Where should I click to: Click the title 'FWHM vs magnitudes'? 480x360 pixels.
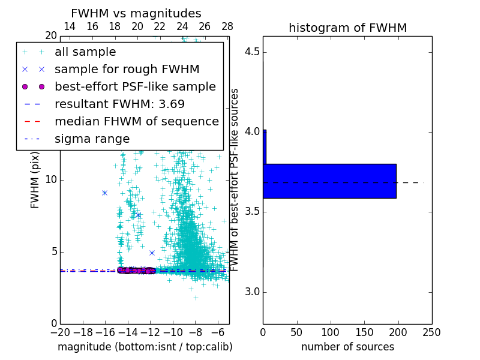tap(136, 14)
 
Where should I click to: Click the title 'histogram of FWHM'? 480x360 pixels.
tap(347, 28)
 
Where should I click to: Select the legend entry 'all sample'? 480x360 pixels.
tap(85, 52)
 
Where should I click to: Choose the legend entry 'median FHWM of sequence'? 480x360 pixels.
tap(136, 121)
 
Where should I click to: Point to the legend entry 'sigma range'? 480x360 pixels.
tap(92, 139)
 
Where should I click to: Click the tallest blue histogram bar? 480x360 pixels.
tap(329, 181)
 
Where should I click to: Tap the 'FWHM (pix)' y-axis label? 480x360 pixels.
tap(35, 180)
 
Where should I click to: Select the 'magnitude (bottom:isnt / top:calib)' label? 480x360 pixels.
tap(145, 347)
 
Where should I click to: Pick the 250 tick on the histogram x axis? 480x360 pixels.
tap(432, 332)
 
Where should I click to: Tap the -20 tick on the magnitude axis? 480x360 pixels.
tap(60, 332)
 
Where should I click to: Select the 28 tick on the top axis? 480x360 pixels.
tap(227, 27)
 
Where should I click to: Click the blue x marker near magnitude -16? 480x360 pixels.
tap(104, 193)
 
